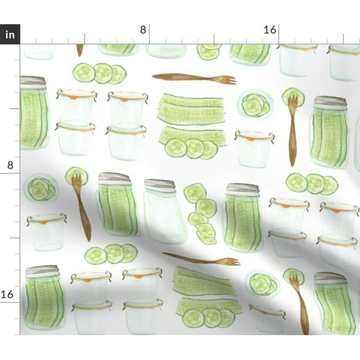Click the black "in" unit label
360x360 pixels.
pos(10,35)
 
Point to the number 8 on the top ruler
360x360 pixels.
pos(143,29)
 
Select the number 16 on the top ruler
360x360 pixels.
pos(270,29)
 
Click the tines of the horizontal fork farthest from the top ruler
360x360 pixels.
pos(230,261)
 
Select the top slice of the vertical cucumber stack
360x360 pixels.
pos(195,192)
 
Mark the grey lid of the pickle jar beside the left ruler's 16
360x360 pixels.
pos(42,271)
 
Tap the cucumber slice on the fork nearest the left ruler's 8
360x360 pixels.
pos(76,174)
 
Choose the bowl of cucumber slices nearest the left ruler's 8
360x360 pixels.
pos(40,188)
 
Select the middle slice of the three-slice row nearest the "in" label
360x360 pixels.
pos(102,73)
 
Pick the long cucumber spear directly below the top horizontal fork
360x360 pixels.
pos(191,109)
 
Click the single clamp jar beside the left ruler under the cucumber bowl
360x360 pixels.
pos(47,232)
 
